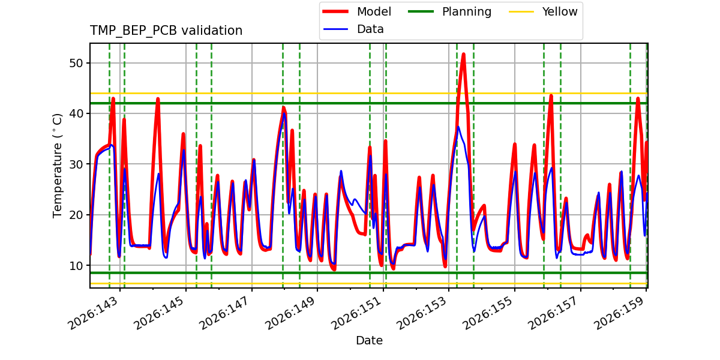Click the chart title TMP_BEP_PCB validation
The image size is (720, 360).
[166, 31]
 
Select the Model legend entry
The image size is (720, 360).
[357, 11]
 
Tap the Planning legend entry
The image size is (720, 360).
[449, 11]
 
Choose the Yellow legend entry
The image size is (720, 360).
[543, 11]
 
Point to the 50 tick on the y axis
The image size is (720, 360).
[76, 63]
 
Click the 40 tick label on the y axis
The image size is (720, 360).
[76, 113]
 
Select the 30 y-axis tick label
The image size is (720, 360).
[76, 164]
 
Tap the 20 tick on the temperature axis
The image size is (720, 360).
[76, 215]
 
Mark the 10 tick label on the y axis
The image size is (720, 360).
[76, 265]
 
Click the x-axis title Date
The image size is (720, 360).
[370, 340]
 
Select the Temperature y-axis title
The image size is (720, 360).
[57, 166]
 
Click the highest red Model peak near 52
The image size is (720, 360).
[463, 54]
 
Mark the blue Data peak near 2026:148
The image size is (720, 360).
[284, 113]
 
